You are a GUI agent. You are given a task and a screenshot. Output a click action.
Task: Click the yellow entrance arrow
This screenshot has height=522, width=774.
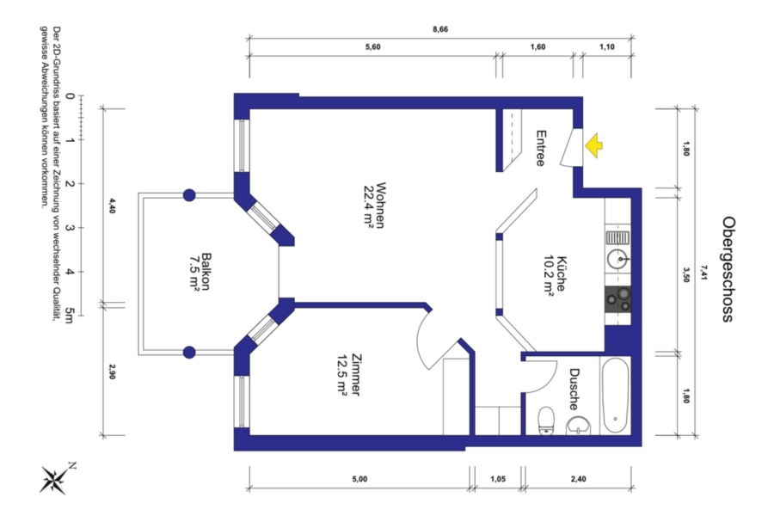pyautogui.click(x=593, y=145)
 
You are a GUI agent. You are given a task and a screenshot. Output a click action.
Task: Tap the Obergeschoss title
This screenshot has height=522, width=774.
pyautogui.click(x=727, y=269)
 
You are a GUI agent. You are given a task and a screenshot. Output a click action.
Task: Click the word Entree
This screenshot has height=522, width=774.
pyautogui.click(x=541, y=148)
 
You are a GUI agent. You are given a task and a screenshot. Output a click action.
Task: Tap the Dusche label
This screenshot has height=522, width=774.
pyautogui.click(x=574, y=389)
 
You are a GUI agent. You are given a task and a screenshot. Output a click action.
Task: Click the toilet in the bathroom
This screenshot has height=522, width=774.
pyautogui.click(x=546, y=421)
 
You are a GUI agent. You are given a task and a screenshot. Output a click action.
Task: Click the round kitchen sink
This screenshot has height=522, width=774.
pyautogui.click(x=617, y=259)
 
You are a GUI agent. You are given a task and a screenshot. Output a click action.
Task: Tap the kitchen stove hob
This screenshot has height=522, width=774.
pyautogui.click(x=618, y=299)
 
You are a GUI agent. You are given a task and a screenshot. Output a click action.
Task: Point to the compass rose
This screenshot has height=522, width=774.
pyautogui.click(x=55, y=479)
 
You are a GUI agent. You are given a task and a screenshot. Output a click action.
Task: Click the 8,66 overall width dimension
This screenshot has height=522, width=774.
pyautogui.click(x=440, y=29)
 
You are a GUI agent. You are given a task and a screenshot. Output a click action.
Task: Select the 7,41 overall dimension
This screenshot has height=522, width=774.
pyautogui.click(x=703, y=272)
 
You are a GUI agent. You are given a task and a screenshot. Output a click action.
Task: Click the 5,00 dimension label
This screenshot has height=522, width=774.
pyautogui.click(x=359, y=479)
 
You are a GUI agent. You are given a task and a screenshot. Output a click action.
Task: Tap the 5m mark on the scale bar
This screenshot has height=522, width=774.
pyautogui.click(x=70, y=316)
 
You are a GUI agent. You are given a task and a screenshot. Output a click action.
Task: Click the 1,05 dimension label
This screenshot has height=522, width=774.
pyautogui.click(x=498, y=479)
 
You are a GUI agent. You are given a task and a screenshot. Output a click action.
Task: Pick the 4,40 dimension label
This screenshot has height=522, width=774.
pyautogui.click(x=112, y=206)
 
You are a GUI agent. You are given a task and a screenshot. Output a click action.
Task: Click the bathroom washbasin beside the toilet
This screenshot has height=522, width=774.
pyautogui.click(x=579, y=426)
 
